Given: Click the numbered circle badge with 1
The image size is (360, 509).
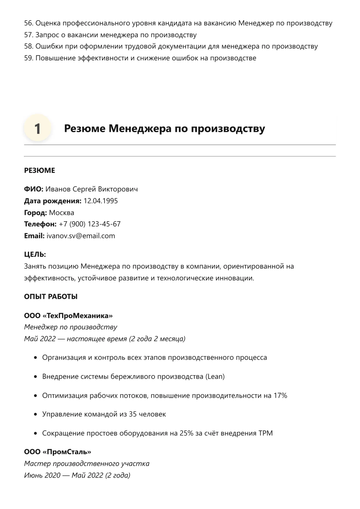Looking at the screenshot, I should (x=37, y=128).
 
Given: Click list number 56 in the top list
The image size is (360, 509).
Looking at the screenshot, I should (x=28, y=23).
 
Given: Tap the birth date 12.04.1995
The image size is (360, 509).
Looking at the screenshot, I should (x=101, y=201).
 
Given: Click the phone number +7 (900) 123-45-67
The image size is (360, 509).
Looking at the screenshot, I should (x=89, y=224).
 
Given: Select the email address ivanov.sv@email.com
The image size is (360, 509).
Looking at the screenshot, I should (x=81, y=236).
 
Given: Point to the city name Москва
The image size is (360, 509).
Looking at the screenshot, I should (x=62, y=213).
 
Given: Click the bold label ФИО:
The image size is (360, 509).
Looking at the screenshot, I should (x=34, y=189).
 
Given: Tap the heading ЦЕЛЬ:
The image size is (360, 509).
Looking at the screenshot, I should (x=35, y=255).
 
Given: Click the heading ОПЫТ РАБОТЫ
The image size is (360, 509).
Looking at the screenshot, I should (x=51, y=297).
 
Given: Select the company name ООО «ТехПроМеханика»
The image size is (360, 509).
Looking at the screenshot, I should (x=68, y=316).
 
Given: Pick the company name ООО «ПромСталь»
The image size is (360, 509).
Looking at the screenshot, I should (x=58, y=452).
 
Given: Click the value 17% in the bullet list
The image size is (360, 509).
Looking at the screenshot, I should (x=280, y=395).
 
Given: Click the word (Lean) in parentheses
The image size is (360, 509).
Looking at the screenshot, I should (x=215, y=377).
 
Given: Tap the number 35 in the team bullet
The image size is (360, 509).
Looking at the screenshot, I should (x=133, y=414).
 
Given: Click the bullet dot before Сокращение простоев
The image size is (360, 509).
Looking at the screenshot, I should (x=35, y=433).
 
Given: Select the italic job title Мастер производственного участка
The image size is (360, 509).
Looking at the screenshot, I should (x=87, y=463).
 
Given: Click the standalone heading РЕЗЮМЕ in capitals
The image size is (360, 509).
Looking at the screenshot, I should (x=40, y=170).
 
